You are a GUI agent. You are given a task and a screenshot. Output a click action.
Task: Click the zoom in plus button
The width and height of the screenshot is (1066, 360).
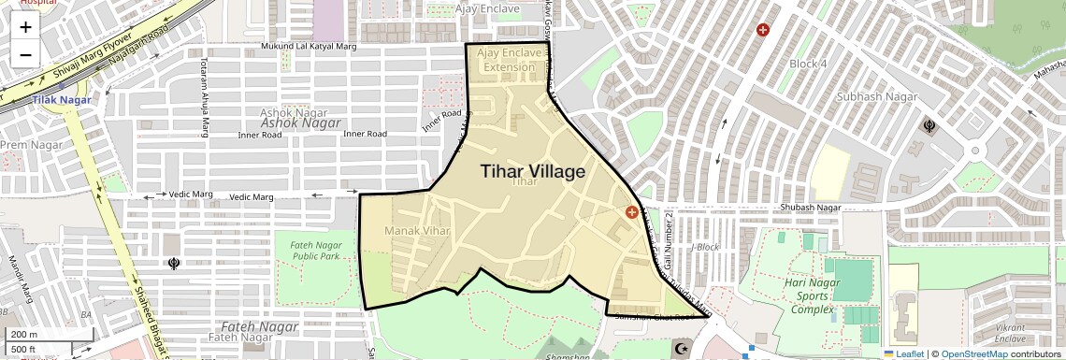(25, 27)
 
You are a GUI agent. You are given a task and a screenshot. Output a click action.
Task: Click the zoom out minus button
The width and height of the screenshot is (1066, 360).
(25, 55)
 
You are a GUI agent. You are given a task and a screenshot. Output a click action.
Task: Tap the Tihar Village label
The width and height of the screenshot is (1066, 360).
(533, 172)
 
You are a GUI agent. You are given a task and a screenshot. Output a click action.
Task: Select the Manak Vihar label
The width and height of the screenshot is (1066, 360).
(417, 230)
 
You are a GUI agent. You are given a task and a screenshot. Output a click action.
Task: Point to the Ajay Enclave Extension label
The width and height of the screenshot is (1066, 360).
(510, 60)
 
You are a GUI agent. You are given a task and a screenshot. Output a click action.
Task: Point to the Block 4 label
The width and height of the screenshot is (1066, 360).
(808, 64)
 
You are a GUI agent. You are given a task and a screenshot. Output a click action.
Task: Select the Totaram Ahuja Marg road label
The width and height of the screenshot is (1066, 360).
(203, 97)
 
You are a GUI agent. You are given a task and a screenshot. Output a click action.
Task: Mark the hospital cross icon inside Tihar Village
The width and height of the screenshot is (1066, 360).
(632, 212)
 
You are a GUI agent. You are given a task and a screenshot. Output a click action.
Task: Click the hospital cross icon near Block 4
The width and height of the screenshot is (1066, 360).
(763, 30)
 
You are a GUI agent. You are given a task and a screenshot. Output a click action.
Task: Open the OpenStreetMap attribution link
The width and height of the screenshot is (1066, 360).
(973, 353)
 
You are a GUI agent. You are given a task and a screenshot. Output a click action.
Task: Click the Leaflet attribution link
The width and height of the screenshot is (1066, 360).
(904, 353)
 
